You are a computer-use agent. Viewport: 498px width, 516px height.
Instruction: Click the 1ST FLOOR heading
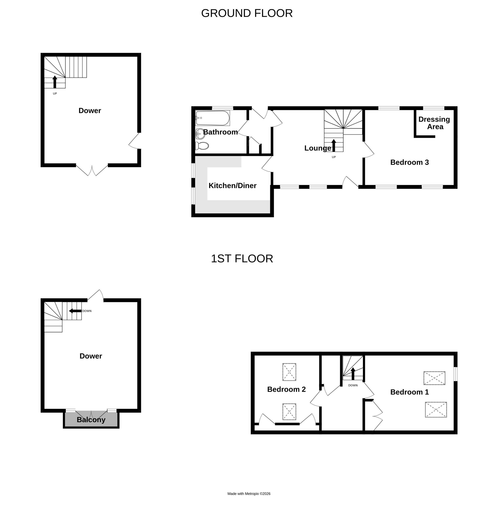click(242, 259)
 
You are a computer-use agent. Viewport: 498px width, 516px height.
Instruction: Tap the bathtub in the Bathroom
click(213, 118)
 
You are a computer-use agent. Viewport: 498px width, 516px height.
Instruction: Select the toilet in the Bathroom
click(202, 146)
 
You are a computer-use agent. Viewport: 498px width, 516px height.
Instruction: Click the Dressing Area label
click(434, 123)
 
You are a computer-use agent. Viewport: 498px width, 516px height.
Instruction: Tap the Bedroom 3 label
click(409, 162)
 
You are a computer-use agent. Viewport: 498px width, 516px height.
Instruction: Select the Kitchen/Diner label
click(232, 186)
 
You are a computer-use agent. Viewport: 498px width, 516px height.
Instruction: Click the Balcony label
click(91, 420)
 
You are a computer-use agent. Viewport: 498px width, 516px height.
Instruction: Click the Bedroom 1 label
click(410, 392)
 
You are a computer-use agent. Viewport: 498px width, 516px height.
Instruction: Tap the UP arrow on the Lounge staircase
click(334, 145)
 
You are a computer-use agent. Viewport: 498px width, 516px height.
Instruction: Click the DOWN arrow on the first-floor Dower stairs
click(75, 311)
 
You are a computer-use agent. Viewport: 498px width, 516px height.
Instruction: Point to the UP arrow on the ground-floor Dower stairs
click(55, 82)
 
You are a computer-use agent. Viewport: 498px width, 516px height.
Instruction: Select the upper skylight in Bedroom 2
click(289, 372)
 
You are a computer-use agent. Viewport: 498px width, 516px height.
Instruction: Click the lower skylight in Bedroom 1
click(436, 410)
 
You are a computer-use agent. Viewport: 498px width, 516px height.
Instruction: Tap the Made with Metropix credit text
click(249, 494)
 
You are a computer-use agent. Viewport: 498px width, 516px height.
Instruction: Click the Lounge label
click(318, 148)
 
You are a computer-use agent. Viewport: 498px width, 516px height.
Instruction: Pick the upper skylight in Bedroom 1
click(434, 378)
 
